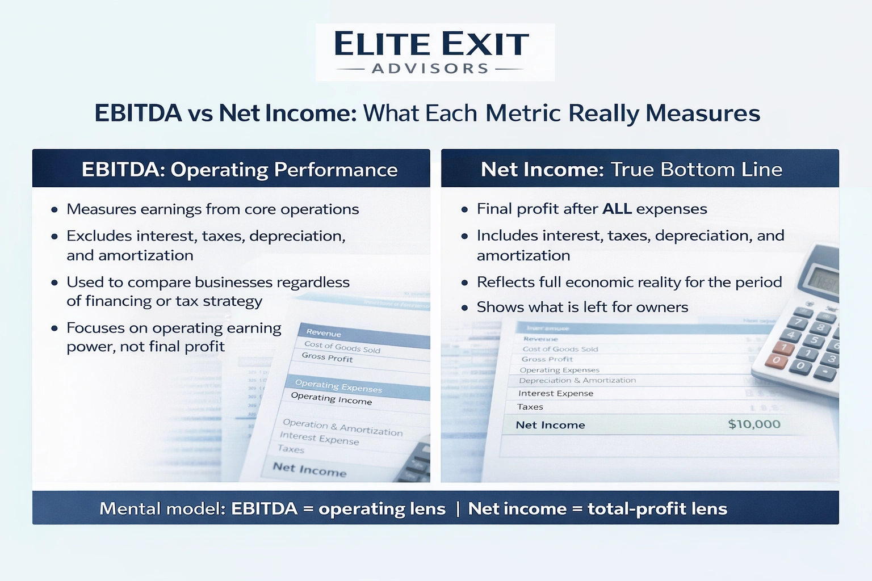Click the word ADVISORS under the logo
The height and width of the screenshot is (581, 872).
[x=430, y=69]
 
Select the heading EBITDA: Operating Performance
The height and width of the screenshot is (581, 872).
[x=239, y=170]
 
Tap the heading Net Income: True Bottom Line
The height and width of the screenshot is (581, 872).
[x=631, y=170]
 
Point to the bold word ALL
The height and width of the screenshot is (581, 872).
[x=617, y=209]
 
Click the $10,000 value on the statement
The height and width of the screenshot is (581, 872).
[x=754, y=424]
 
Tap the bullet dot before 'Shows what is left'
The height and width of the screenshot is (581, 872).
[x=464, y=308]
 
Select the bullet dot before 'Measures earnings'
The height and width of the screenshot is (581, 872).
[x=54, y=210]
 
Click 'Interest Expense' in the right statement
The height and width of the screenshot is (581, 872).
[x=555, y=393]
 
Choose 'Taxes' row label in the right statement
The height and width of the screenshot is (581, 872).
[x=530, y=407]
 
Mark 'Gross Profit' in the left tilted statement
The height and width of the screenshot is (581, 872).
[x=327, y=357]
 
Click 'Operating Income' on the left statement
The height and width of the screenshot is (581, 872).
[x=331, y=398]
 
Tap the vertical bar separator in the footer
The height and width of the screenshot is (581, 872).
[x=457, y=509]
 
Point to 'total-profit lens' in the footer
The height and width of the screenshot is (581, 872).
[x=657, y=508]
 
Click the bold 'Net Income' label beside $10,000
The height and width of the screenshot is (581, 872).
[x=550, y=425]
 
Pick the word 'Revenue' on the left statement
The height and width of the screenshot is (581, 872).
[x=324, y=333]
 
